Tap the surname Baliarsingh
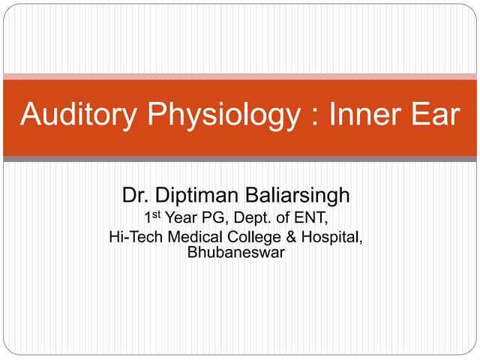(x=300, y=196)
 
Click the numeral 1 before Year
(x=148, y=220)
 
